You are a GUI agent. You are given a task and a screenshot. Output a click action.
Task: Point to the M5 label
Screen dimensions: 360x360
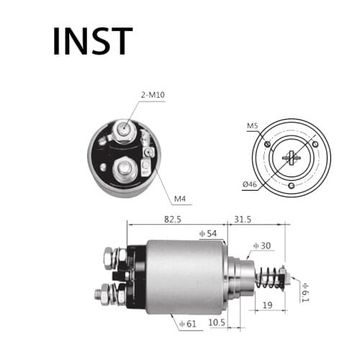[x=253, y=126]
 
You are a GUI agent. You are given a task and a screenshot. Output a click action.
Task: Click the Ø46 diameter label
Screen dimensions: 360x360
[x=250, y=185]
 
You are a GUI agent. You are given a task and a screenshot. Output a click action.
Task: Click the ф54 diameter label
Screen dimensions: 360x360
[x=208, y=233]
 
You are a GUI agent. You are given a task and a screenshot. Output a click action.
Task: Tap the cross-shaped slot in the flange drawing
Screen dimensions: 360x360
[x=292, y=157]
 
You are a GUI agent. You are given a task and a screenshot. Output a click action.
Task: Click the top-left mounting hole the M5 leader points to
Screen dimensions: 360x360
[x=267, y=145]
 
